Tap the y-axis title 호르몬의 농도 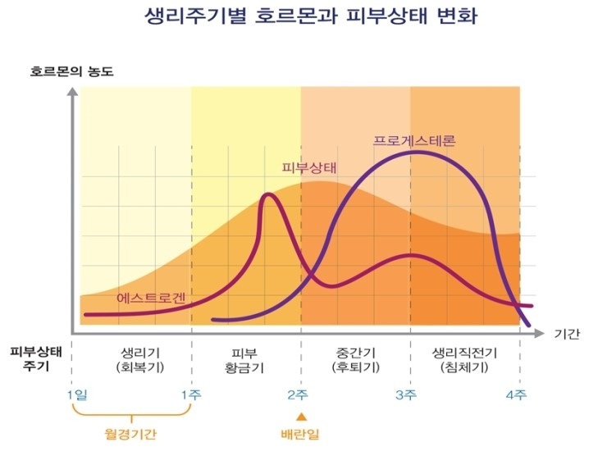coord(72,71)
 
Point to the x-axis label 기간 coord(567,335)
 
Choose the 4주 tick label coord(516,394)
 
